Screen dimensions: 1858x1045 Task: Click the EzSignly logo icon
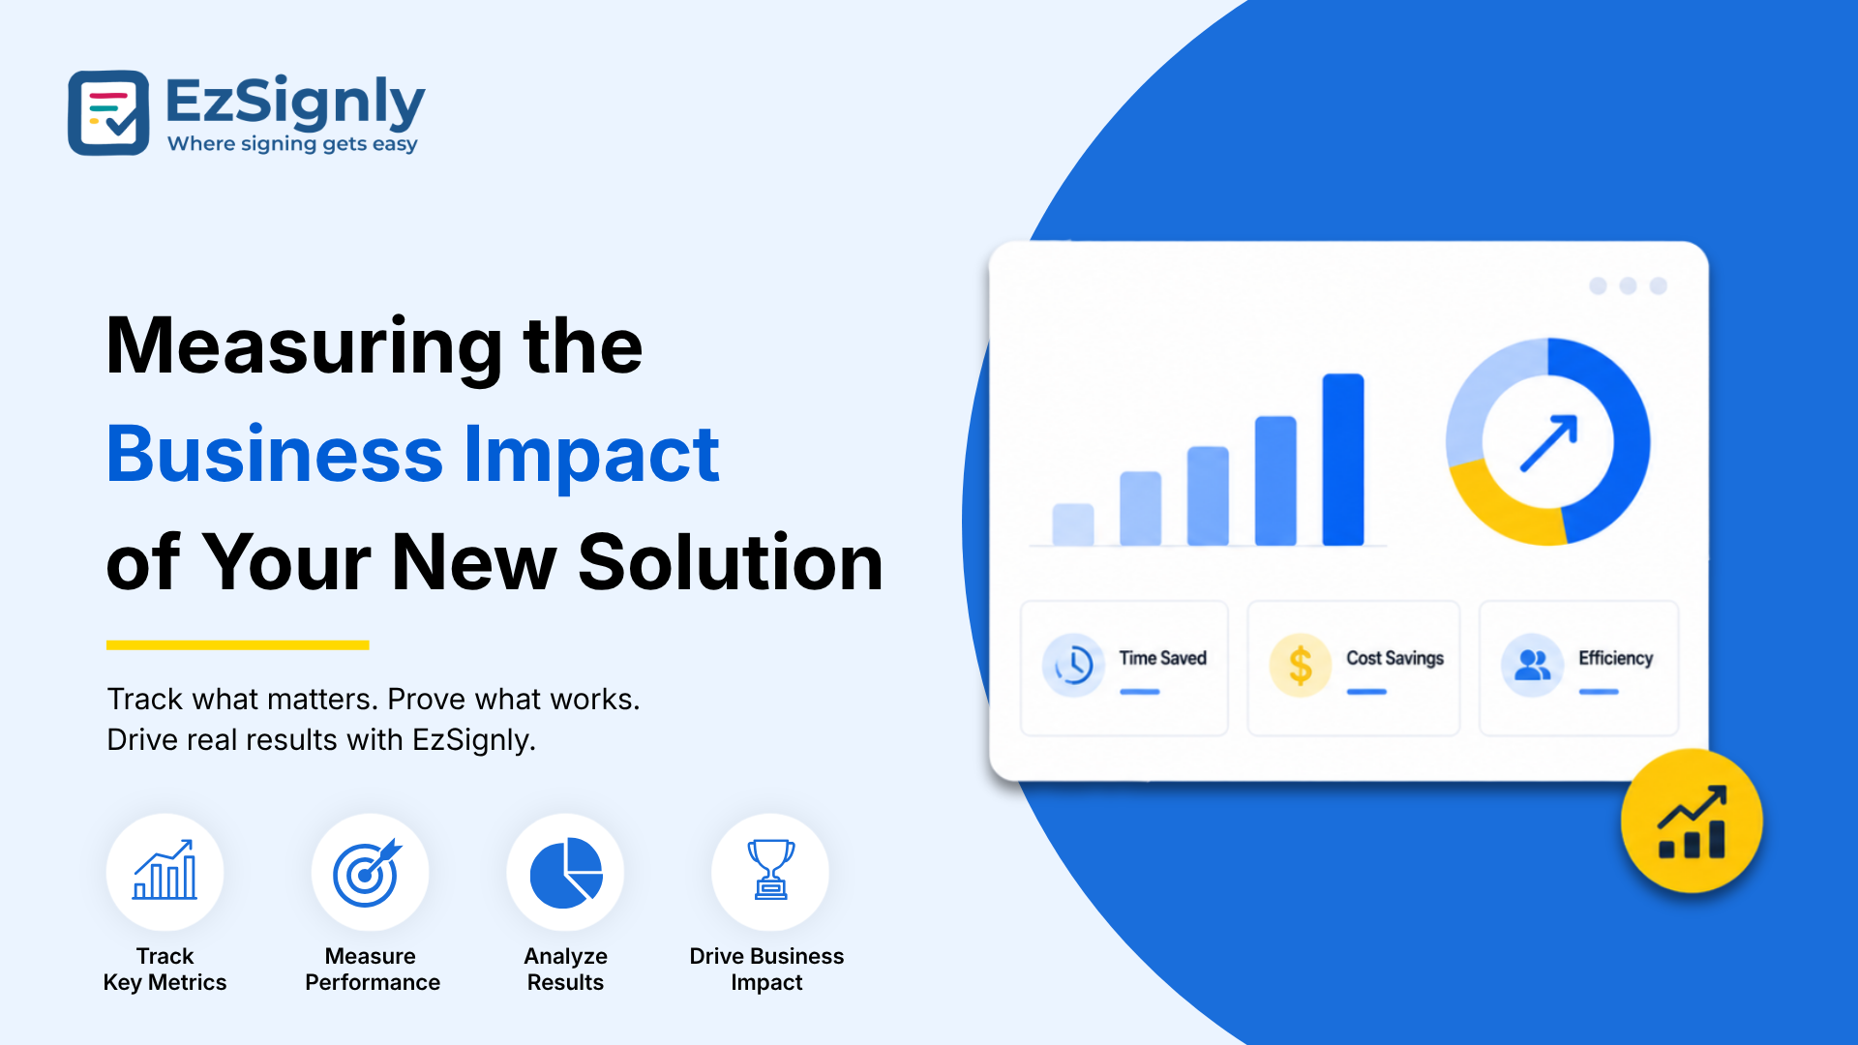point(108,112)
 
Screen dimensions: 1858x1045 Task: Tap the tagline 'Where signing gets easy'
point(292,144)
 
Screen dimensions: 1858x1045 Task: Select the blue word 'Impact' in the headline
point(592,455)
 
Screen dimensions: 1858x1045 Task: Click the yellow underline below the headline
point(238,644)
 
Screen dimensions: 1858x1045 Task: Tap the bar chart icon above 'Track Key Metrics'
point(165,870)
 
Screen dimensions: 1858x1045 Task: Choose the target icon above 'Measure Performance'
point(367,872)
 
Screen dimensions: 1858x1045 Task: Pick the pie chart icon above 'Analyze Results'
point(566,873)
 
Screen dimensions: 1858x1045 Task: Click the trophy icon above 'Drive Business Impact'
point(770,869)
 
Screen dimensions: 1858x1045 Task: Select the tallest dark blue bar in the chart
point(1343,460)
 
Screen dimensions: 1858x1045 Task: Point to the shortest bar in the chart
point(1073,524)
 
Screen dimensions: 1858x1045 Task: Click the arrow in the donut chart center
point(1548,443)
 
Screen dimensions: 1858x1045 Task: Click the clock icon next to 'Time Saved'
point(1073,665)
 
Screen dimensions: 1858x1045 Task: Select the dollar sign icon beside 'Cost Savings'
point(1301,665)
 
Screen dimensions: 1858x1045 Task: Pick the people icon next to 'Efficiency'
point(1532,665)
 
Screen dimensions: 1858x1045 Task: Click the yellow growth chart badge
point(1692,821)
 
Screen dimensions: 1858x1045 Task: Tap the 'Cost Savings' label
point(1394,658)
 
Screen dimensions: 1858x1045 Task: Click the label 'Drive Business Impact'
point(766,969)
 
